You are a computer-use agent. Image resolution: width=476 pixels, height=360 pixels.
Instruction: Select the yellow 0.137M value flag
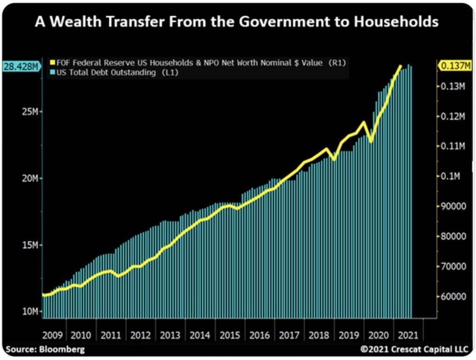point(455,66)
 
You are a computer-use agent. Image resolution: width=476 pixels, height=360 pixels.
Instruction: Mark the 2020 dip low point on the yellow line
point(370,141)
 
